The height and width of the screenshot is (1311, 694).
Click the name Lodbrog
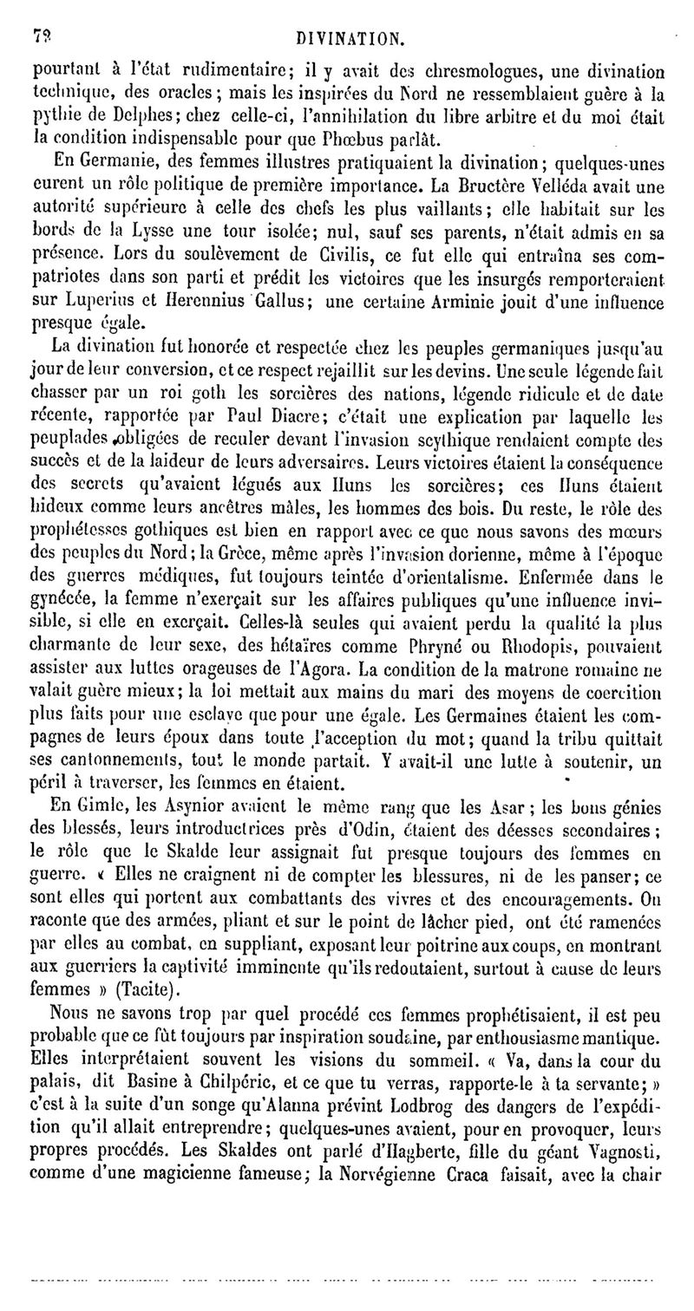pos(376,1104)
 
